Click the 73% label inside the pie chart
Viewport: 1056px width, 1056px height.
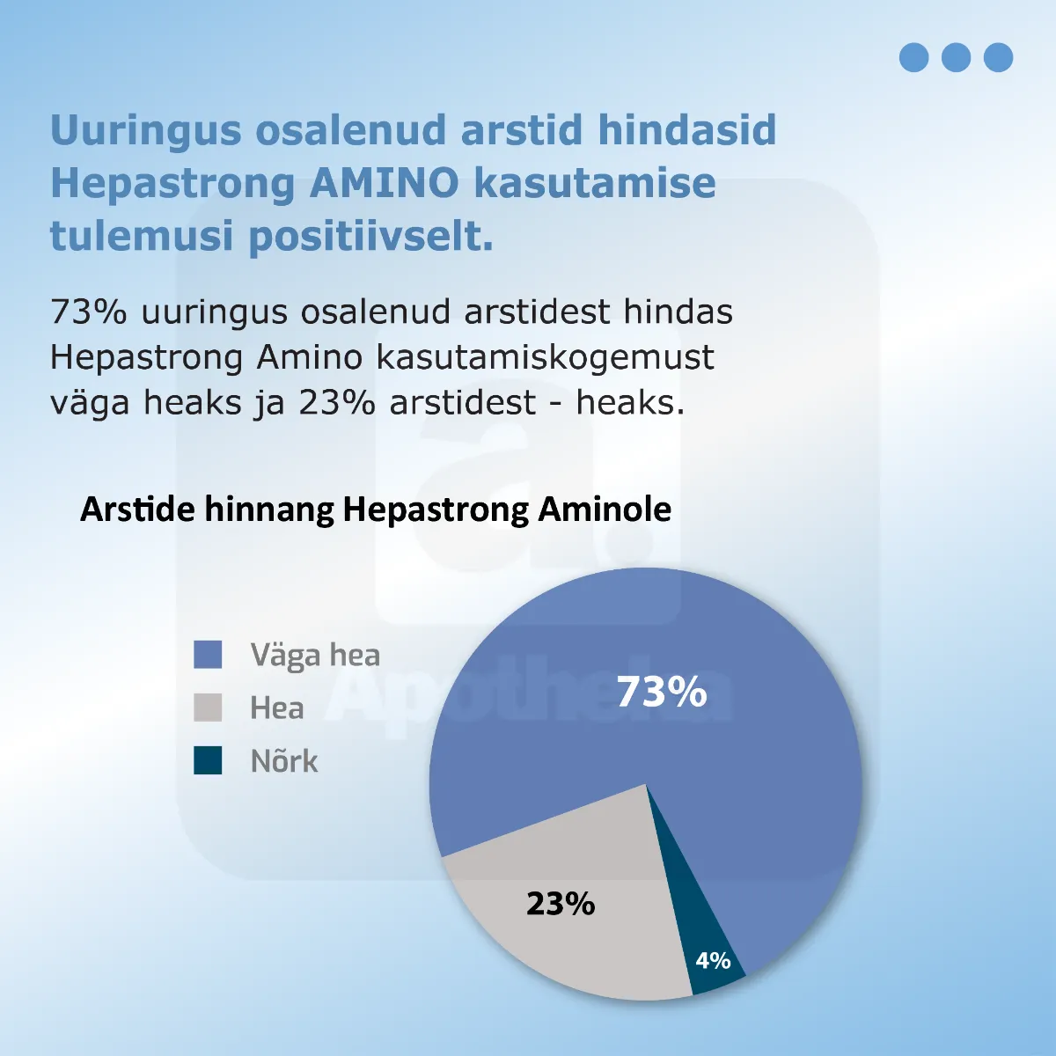pyautogui.click(x=662, y=692)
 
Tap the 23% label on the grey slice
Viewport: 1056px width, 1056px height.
pyautogui.click(x=561, y=904)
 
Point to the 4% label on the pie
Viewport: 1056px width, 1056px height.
pyautogui.click(x=713, y=960)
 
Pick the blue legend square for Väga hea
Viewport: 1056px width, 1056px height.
pyautogui.click(x=208, y=655)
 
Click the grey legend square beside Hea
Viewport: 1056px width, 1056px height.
pyautogui.click(x=208, y=708)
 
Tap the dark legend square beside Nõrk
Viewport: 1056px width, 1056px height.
pyautogui.click(x=208, y=760)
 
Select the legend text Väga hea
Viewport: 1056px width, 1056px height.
pyautogui.click(x=315, y=656)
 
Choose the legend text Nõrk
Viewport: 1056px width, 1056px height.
pyautogui.click(x=283, y=761)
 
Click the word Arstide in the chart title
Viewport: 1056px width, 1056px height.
pyautogui.click(x=137, y=510)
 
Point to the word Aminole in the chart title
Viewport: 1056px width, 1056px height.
pyautogui.click(x=605, y=510)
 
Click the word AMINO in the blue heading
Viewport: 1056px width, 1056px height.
pyautogui.click(x=385, y=183)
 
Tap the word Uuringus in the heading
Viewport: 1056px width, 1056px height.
pyautogui.click(x=146, y=130)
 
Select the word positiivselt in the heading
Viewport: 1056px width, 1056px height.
pyautogui.click(x=370, y=236)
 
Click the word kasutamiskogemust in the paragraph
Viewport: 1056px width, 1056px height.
pyautogui.click(x=546, y=357)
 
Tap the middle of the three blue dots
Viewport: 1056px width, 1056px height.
pyautogui.click(x=956, y=57)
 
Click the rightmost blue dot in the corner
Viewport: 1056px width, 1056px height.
pyautogui.click(x=998, y=57)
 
